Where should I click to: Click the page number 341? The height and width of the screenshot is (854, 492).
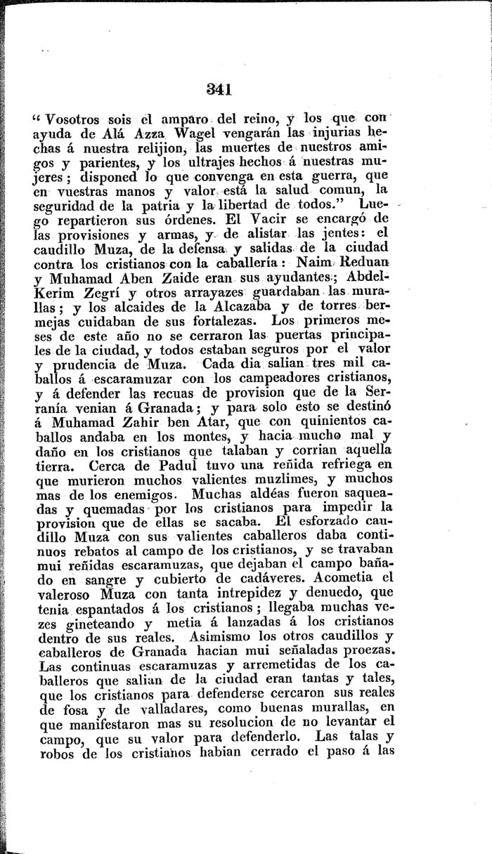tap(219, 88)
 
